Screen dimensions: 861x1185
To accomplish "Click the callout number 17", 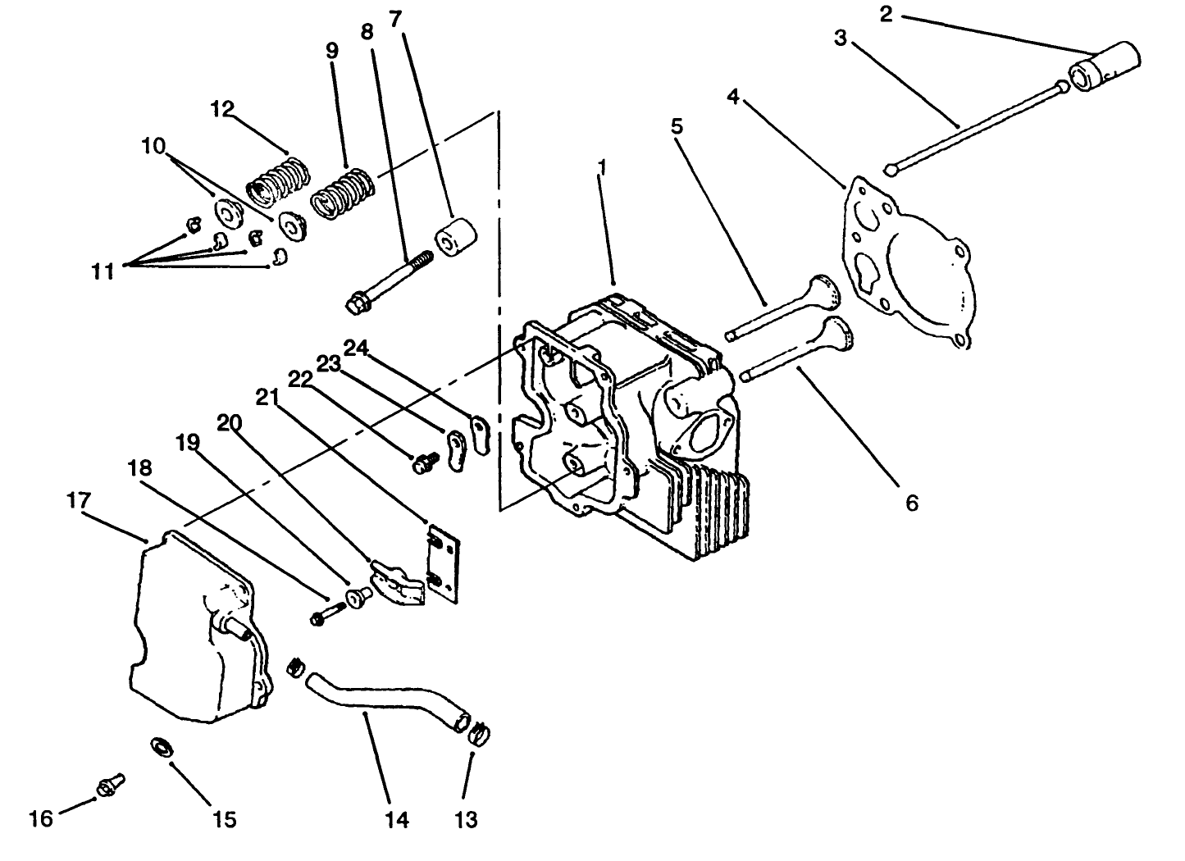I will pos(79,500).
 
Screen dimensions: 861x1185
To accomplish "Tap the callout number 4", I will pos(733,98).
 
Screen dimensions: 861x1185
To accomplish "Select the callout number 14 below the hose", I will pos(397,819).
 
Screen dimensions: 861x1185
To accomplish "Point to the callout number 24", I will pos(356,348).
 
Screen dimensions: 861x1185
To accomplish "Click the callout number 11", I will pos(103,271).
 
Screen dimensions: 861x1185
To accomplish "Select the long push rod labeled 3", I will pos(976,128).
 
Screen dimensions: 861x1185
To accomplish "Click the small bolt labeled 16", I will pos(107,786).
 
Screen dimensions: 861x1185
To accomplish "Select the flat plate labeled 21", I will pos(444,566).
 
